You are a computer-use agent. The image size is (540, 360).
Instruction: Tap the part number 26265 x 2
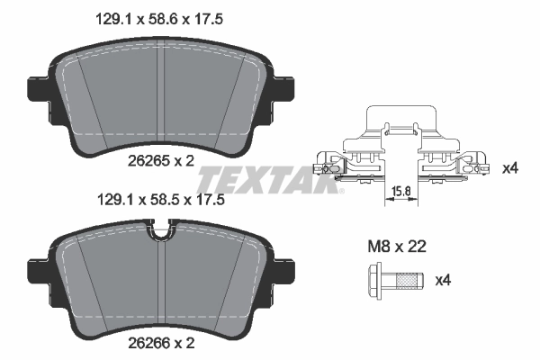point(159,160)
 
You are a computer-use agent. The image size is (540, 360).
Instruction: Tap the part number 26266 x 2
point(159,344)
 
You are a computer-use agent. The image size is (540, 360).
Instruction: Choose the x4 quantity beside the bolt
point(443,281)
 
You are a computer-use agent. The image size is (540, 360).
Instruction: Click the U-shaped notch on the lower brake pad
point(161,237)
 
